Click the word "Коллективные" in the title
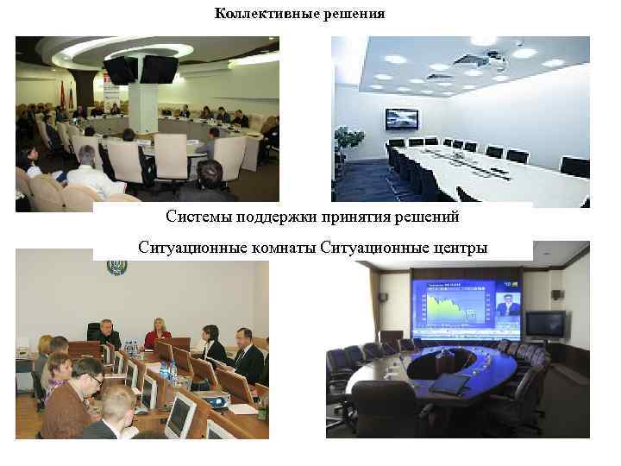pyautogui.click(x=256, y=14)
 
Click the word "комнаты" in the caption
pyautogui.click(x=278, y=248)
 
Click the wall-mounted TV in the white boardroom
pyautogui.click(x=401, y=119)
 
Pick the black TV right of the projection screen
pyautogui.click(x=545, y=324)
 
